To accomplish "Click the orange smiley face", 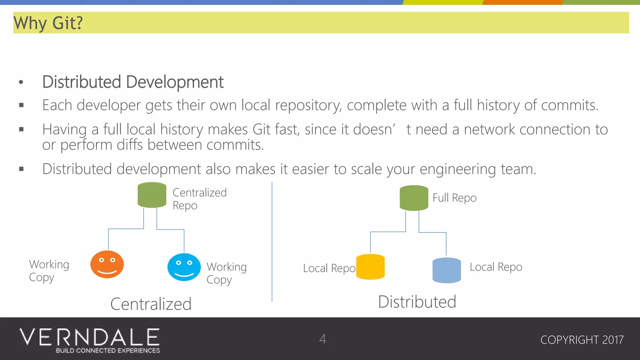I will [107, 264].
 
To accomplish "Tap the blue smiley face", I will [184, 267].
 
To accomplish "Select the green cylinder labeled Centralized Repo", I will [152, 195].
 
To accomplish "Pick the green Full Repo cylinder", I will [414, 198].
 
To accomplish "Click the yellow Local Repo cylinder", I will [370, 267].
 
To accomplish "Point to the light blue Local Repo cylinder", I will [447, 270].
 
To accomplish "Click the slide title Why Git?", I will [48, 23].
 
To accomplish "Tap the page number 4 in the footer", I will [322, 339].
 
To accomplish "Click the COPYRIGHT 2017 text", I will [582, 340].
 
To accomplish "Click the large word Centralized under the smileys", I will [151, 304].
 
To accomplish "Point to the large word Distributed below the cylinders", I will [417, 302].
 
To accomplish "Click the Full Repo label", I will [454, 198].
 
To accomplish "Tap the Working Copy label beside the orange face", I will [49, 271].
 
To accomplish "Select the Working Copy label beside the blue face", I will [227, 273].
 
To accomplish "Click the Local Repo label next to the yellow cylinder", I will [329, 268].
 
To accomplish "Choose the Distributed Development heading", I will [133, 82].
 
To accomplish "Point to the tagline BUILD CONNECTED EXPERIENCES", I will [108, 351].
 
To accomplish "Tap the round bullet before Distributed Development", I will [21, 82].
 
